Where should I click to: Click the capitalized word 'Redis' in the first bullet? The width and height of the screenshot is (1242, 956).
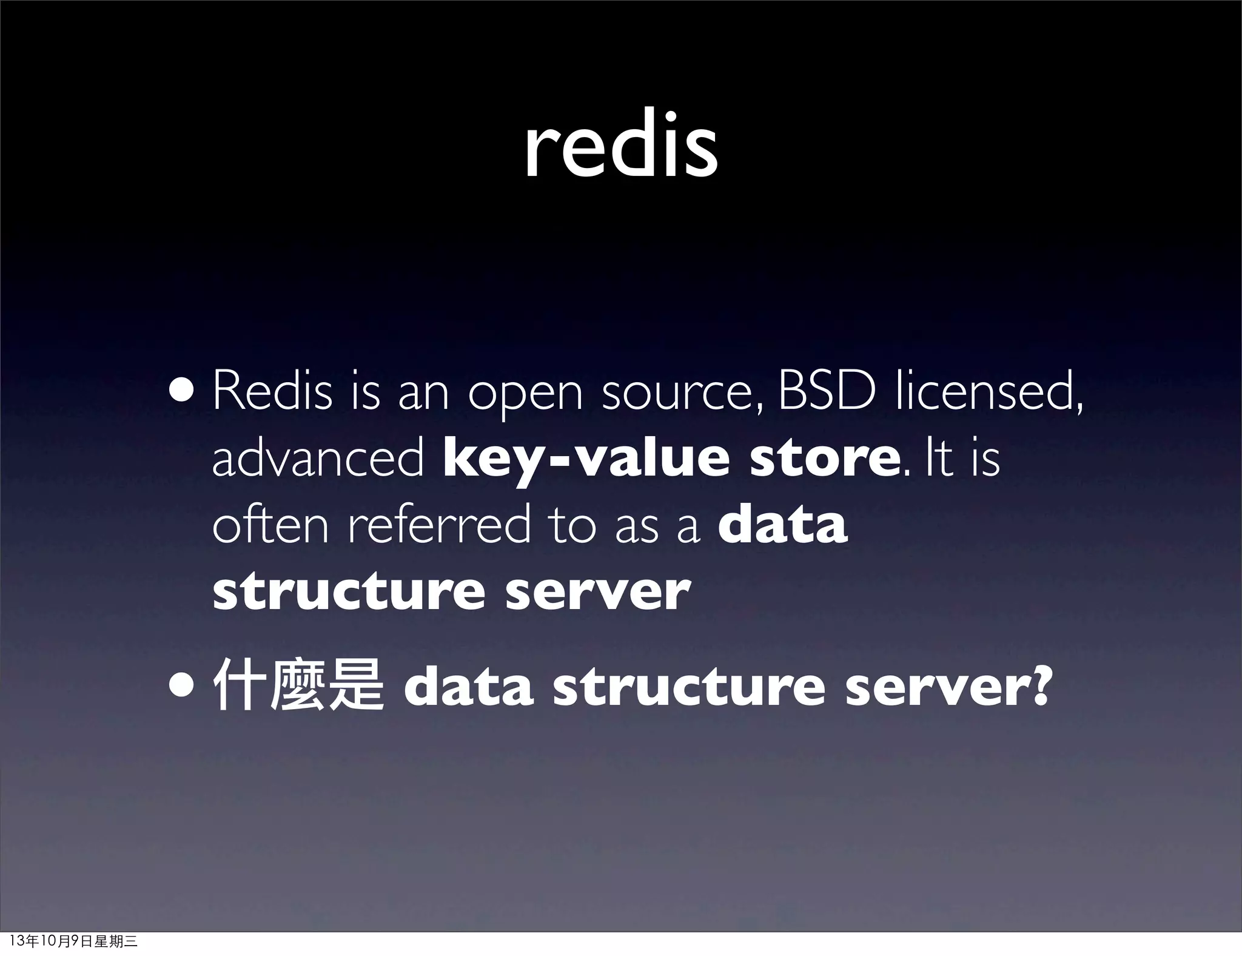pyautogui.click(x=272, y=392)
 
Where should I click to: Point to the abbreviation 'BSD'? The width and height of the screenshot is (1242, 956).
pyautogui.click(x=827, y=392)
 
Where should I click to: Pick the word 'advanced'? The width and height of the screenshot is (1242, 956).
pyautogui.click(x=318, y=459)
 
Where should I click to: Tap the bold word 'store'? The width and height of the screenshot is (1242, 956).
pyautogui.click(x=824, y=459)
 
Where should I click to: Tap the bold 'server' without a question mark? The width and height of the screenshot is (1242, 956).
pyautogui.click(x=598, y=592)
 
